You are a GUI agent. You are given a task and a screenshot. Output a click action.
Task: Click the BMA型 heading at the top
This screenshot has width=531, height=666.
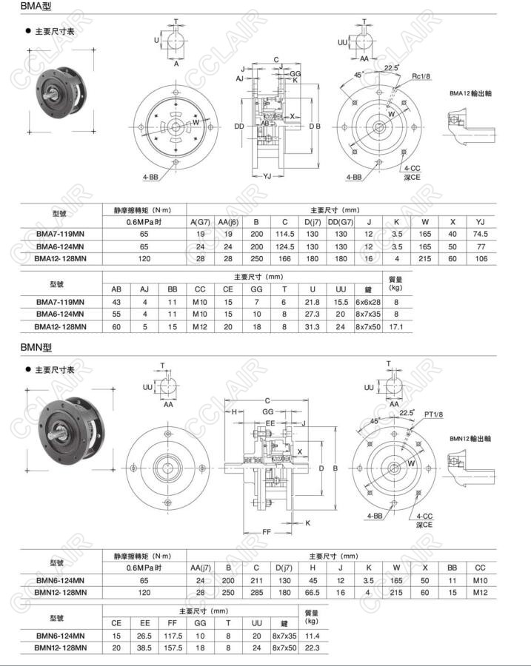tap(19, 7)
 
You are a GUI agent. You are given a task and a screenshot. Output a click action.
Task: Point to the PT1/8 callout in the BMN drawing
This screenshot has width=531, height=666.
tap(433, 414)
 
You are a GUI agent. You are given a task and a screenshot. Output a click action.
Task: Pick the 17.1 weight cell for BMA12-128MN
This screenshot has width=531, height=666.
tap(395, 326)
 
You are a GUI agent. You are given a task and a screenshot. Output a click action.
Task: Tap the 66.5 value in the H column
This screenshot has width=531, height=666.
tap(313, 592)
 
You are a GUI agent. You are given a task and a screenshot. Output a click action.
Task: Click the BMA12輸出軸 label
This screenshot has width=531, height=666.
tap(471, 94)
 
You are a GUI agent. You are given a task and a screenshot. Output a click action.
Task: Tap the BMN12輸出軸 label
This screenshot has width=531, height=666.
tap(471, 439)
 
